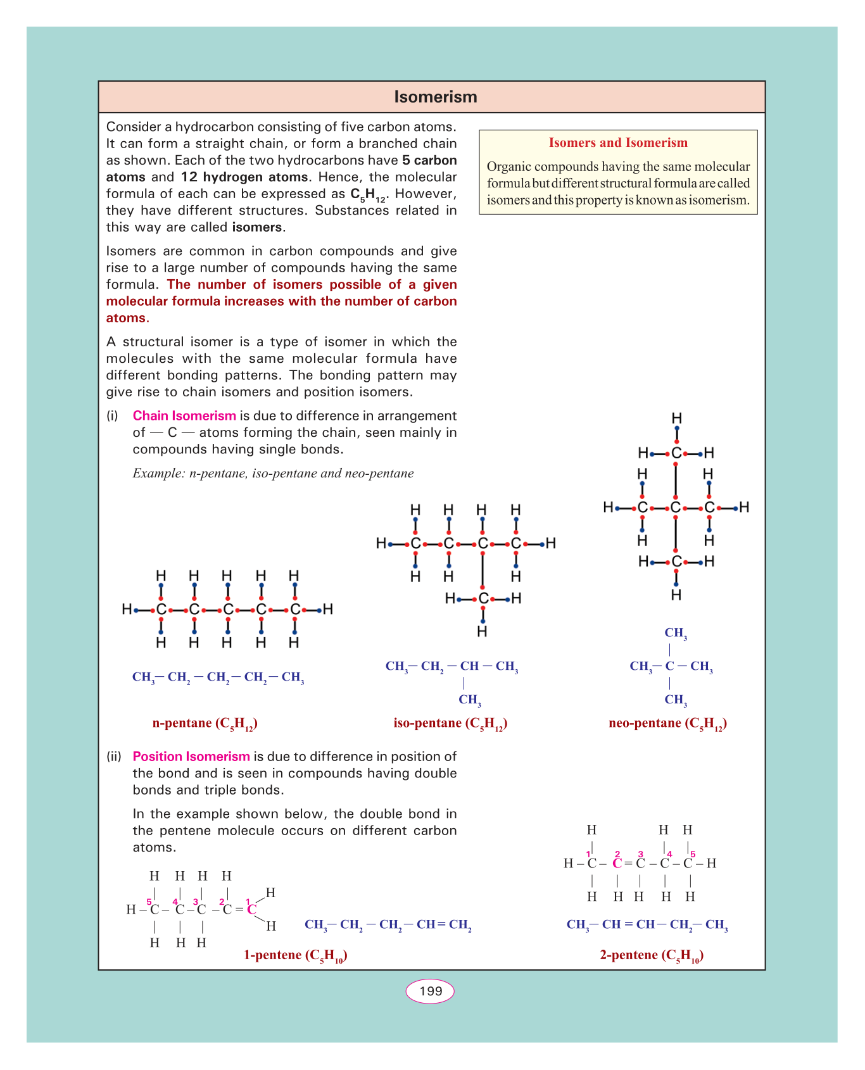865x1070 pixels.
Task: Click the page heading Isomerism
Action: (x=435, y=97)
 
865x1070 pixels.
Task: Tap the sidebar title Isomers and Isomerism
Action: (x=618, y=142)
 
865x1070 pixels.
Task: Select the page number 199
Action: (x=431, y=991)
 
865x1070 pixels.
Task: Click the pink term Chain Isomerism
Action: (x=184, y=416)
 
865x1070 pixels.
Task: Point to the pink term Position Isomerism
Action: (x=191, y=757)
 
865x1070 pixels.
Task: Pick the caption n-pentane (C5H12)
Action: (x=205, y=724)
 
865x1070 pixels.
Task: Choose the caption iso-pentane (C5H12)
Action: (x=450, y=724)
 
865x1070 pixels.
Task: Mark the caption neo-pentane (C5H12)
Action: (x=667, y=724)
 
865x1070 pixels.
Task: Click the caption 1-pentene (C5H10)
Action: (x=296, y=955)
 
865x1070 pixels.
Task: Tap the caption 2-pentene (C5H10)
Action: (x=652, y=955)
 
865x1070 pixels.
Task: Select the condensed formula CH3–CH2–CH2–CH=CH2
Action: (x=388, y=925)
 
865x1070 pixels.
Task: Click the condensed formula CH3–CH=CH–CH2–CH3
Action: (x=647, y=925)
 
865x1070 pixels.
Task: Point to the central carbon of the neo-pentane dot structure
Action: (x=676, y=508)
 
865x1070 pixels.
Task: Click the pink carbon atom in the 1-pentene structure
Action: (x=251, y=910)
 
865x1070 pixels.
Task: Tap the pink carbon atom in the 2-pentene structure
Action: (x=617, y=863)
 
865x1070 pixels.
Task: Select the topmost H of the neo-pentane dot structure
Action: (x=676, y=419)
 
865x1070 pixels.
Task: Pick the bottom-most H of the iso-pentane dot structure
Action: (x=483, y=631)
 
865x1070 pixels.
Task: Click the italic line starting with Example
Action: (x=273, y=474)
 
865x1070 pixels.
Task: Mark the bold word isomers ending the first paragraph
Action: (x=258, y=227)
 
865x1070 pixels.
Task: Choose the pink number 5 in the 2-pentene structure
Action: (x=693, y=853)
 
